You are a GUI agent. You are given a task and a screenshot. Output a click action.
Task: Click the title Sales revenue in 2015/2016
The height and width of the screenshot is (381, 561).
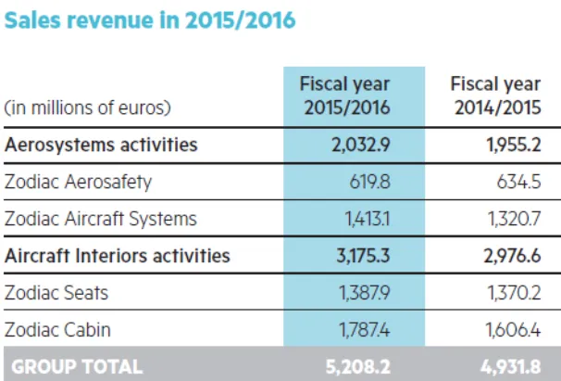point(150,20)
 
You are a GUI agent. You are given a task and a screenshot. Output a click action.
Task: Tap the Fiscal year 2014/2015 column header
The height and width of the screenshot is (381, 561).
point(495,96)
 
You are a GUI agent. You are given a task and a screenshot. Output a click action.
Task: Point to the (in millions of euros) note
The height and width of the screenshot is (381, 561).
point(89,108)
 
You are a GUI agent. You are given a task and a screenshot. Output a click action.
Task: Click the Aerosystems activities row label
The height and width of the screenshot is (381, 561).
point(101,145)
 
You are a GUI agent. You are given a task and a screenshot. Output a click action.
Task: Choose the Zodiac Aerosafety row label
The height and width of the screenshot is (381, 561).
point(77,182)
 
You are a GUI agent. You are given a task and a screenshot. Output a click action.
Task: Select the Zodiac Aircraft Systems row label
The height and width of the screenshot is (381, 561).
point(101,219)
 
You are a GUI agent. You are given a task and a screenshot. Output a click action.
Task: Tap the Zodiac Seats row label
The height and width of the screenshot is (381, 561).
point(57,292)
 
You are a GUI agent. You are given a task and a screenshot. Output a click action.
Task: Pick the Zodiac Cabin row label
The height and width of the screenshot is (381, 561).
point(57,329)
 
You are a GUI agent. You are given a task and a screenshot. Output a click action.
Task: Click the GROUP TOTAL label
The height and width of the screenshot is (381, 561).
point(74,366)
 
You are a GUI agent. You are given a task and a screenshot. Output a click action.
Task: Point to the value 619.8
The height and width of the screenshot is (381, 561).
point(369,182)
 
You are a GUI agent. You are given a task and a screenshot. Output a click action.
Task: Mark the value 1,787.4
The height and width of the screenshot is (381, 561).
point(361,329)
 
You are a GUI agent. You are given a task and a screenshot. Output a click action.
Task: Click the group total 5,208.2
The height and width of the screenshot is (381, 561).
point(357,366)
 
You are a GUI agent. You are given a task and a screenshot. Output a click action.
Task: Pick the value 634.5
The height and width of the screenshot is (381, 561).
point(525,182)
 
